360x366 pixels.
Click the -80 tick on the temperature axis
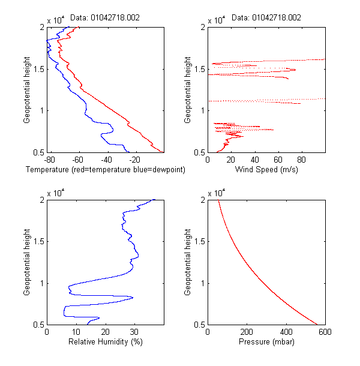tap(49, 160)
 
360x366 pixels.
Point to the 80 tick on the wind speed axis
tap(302, 160)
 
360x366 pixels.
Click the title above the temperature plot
tap(105, 18)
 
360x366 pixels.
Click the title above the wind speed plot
tap(266, 18)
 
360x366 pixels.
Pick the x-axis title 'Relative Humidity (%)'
tap(105, 342)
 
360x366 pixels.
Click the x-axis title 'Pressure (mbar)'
tap(266, 342)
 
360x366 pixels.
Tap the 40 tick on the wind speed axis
tap(254, 160)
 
